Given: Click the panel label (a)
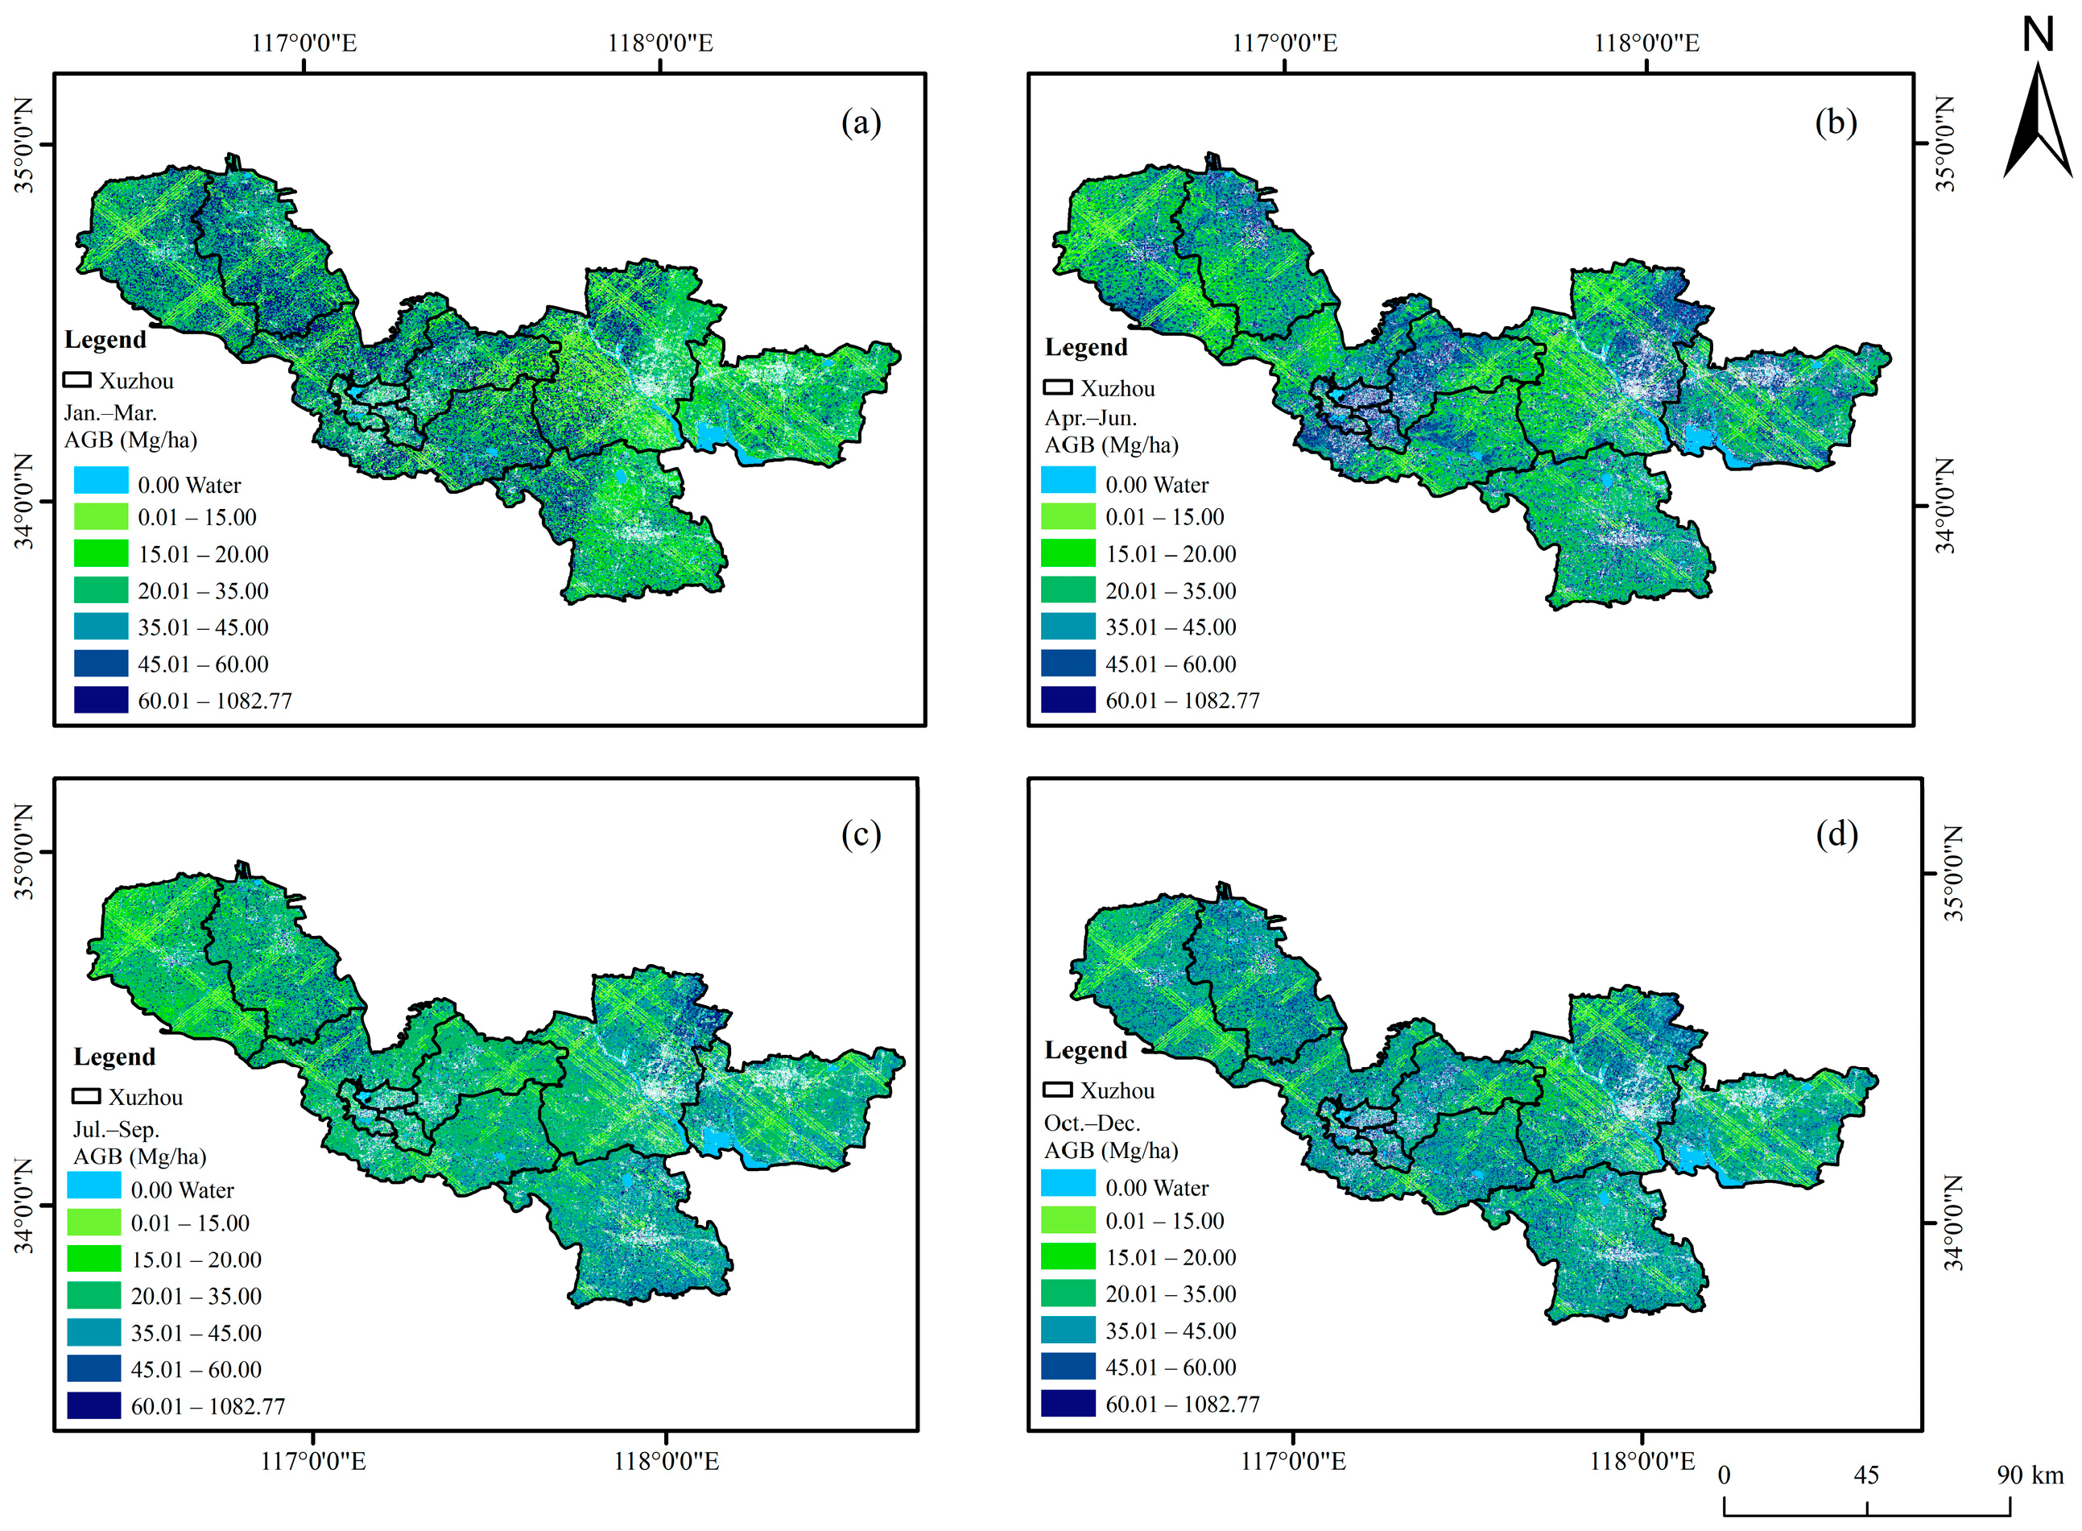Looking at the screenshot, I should coord(861,122).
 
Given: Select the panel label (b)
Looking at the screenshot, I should coord(1836,122).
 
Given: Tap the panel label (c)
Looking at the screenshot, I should coord(861,834).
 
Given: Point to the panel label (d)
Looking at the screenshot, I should coord(1836,834).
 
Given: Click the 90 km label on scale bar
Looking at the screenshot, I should coord(2029,1475).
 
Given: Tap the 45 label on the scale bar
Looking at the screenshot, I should coord(1866,1475).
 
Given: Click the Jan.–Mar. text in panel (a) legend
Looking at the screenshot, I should coord(110,412).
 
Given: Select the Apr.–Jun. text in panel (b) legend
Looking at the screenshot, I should coord(1091,418).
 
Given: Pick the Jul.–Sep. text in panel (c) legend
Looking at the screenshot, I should coord(116,1129).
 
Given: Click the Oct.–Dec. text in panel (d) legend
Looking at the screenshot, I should coord(1092,1123).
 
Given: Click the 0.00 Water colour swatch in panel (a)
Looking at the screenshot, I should coord(101,480).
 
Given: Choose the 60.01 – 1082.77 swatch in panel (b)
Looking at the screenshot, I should coord(1068,700).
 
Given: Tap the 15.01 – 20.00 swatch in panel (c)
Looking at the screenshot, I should coord(93,1258).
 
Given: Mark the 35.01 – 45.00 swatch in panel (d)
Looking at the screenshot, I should coord(1068,1329).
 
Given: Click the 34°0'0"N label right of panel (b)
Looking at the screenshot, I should coord(1946,506).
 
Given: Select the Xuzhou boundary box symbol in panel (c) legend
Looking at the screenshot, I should coord(86,1096).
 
